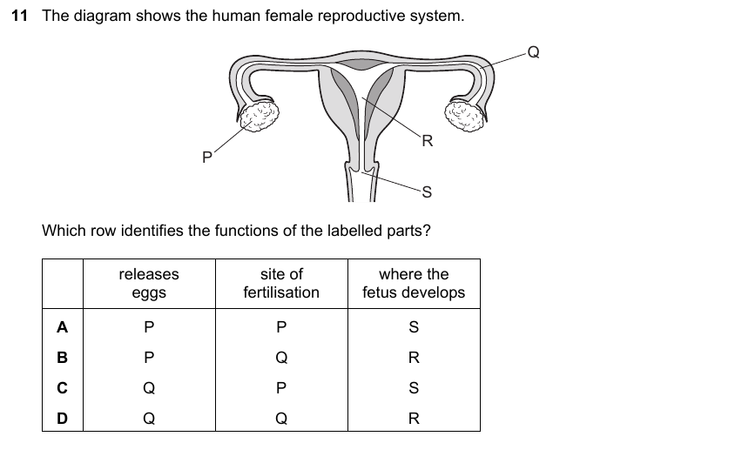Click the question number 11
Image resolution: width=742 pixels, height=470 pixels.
click(x=19, y=16)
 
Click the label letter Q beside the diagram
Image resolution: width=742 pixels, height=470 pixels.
click(x=533, y=52)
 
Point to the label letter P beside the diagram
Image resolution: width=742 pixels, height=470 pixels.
click(x=206, y=157)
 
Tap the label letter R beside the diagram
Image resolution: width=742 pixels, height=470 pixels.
click(x=428, y=141)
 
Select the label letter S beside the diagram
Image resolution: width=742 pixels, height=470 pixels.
click(x=427, y=192)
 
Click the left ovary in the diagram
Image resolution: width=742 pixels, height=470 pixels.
click(x=259, y=116)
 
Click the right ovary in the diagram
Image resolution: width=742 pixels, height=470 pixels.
click(x=465, y=116)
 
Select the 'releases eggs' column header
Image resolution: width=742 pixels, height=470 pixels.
click(x=149, y=283)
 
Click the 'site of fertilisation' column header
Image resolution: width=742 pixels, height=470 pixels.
click(x=281, y=283)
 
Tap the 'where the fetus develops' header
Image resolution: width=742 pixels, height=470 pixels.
click(x=414, y=283)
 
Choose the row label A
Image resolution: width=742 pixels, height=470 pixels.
click(x=62, y=327)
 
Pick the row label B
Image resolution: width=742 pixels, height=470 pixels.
click(x=62, y=358)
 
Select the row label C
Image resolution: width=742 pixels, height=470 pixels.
click(x=62, y=388)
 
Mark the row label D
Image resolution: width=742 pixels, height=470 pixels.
click(x=62, y=419)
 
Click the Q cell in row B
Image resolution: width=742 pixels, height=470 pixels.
click(x=281, y=358)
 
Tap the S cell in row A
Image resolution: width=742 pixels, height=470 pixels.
click(x=414, y=327)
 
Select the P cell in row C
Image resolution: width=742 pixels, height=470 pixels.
click(x=281, y=388)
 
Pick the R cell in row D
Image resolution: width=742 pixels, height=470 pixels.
click(x=414, y=419)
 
